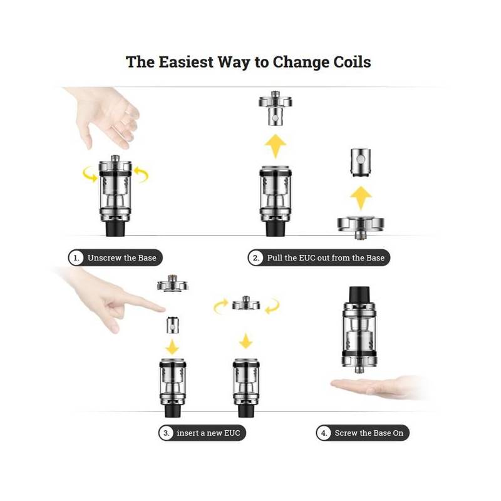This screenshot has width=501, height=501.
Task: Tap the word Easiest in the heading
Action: tap(186, 61)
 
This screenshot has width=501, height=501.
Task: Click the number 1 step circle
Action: tap(76, 257)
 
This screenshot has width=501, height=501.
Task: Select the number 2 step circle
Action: tap(256, 257)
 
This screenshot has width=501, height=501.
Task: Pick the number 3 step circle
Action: tap(166, 433)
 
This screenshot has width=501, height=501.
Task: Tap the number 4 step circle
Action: tap(324, 433)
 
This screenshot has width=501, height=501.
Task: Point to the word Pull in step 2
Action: tap(274, 257)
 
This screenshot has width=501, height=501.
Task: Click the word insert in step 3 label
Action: tap(187, 433)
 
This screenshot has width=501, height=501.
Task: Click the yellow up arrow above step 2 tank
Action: tap(275, 146)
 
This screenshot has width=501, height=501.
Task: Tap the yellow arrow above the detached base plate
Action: tap(361, 198)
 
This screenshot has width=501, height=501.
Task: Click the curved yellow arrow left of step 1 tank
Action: tap(90, 174)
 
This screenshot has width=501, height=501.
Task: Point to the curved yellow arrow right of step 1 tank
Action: tap(142, 174)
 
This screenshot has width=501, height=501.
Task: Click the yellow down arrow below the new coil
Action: tap(173, 347)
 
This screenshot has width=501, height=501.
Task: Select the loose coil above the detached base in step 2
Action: tap(361, 162)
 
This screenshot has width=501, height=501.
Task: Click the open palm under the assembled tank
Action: tap(377, 386)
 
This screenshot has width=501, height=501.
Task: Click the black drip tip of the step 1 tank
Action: tap(115, 228)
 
